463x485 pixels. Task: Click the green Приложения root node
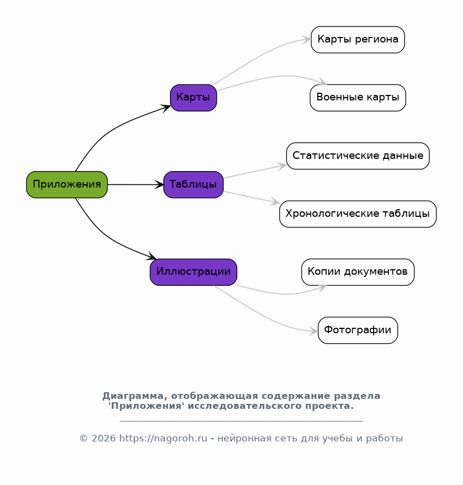[x=67, y=185]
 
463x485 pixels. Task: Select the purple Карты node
[x=193, y=98]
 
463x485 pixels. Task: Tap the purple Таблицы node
[x=193, y=185]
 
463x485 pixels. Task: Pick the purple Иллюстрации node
[x=193, y=272]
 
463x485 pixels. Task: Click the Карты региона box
[x=358, y=40]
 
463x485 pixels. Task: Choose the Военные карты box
[x=358, y=98]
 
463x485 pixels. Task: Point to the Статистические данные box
[x=358, y=156]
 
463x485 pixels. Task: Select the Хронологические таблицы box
[x=358, y=214]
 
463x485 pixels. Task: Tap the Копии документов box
[x=358, y=272]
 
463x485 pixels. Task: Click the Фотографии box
[x=358, y=331]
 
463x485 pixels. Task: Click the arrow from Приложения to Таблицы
[x=135, y=185]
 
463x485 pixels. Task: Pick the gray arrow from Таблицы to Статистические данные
[x=255, y=172]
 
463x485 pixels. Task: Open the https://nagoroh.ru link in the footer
[x=163, y=438]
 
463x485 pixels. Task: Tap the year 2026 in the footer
[x=104, y=438]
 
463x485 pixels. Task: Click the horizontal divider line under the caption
[x=241, y=421]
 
